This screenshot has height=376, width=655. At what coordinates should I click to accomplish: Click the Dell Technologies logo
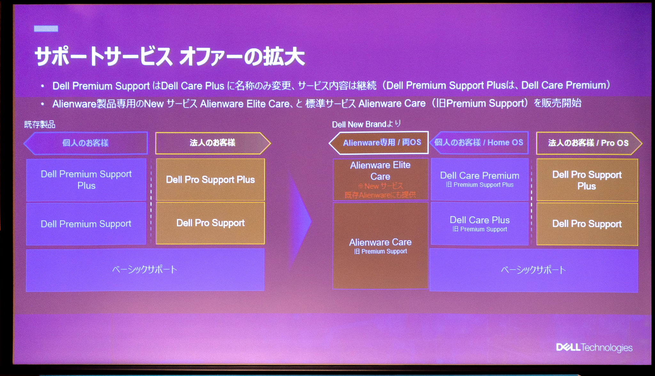[594, 348]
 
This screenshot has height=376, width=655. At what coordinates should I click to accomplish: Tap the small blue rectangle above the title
[46, 29]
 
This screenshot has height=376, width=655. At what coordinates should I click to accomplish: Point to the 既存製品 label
[40, 124]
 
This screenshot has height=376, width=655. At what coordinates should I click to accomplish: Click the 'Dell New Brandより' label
[366, 124]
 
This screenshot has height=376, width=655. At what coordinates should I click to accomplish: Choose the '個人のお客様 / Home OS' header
[479, 143]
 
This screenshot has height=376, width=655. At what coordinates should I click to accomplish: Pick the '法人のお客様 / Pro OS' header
[588, 143]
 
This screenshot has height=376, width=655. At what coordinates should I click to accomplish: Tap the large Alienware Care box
[380, 246]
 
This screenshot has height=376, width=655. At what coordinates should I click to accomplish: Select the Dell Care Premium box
[479, 179]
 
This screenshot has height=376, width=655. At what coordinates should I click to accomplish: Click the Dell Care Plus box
[479, 223]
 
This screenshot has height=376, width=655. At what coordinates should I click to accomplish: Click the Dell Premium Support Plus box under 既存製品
[86, 180]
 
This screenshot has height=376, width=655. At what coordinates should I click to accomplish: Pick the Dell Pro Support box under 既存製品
[210, 223]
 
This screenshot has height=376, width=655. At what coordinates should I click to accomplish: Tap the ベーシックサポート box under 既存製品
[145, 270]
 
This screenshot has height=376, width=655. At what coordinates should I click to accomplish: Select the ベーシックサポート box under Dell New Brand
[533, 270]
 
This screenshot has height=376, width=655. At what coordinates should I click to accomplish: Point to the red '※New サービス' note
[380, 186]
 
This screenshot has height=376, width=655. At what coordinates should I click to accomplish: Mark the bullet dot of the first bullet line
[43, 86]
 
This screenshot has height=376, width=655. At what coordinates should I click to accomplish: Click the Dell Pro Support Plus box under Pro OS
[587, 180]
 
